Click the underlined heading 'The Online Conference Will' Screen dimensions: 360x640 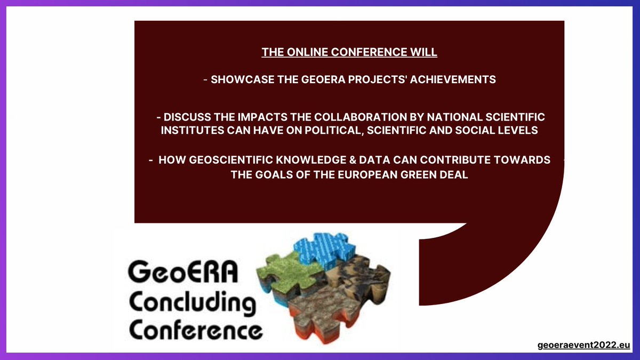pyautogui.click(x=349, y=53)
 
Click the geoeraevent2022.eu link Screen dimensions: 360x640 pyautogui.click(x=584, y=346)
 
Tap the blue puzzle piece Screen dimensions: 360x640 pyautogui.click(x=322, y=250)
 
